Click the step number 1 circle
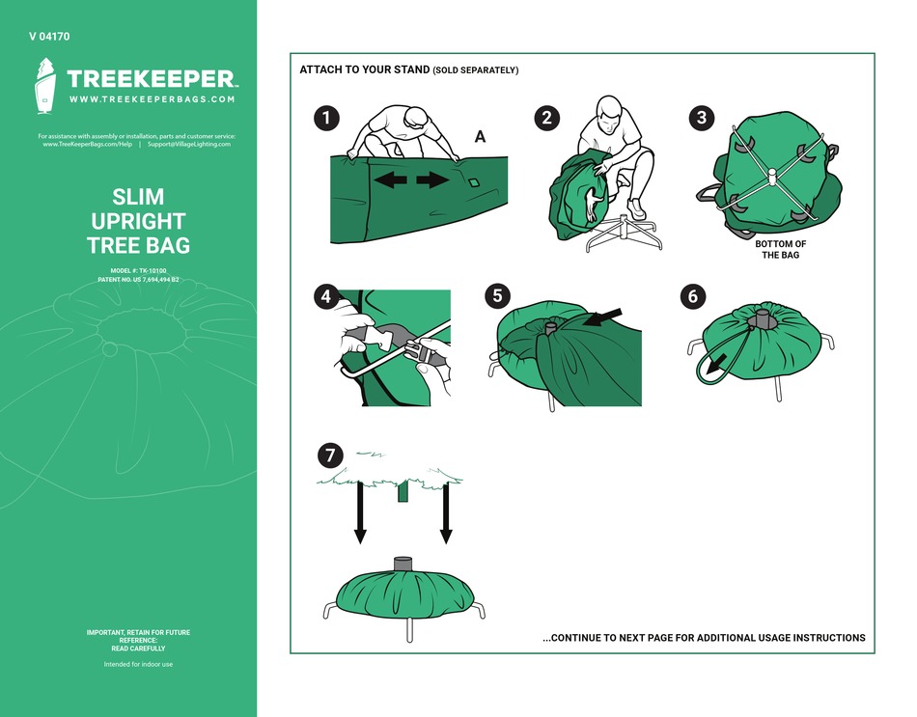(x=327, y=119)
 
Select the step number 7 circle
(x=331, y=455)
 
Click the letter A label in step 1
(x=480, y=138)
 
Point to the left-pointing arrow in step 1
(x=391, y=180)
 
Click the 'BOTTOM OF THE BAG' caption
(x=780, y=250)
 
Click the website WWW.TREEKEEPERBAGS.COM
(x=153, y=99)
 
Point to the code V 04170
(x=49, y=37)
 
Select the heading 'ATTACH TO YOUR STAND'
(x=364, y=70)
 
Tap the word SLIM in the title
(x=138, y=199)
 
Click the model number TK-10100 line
(x=138, y=271)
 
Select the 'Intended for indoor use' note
(x=138, y=664)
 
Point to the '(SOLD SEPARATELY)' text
(x=475, y=70)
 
